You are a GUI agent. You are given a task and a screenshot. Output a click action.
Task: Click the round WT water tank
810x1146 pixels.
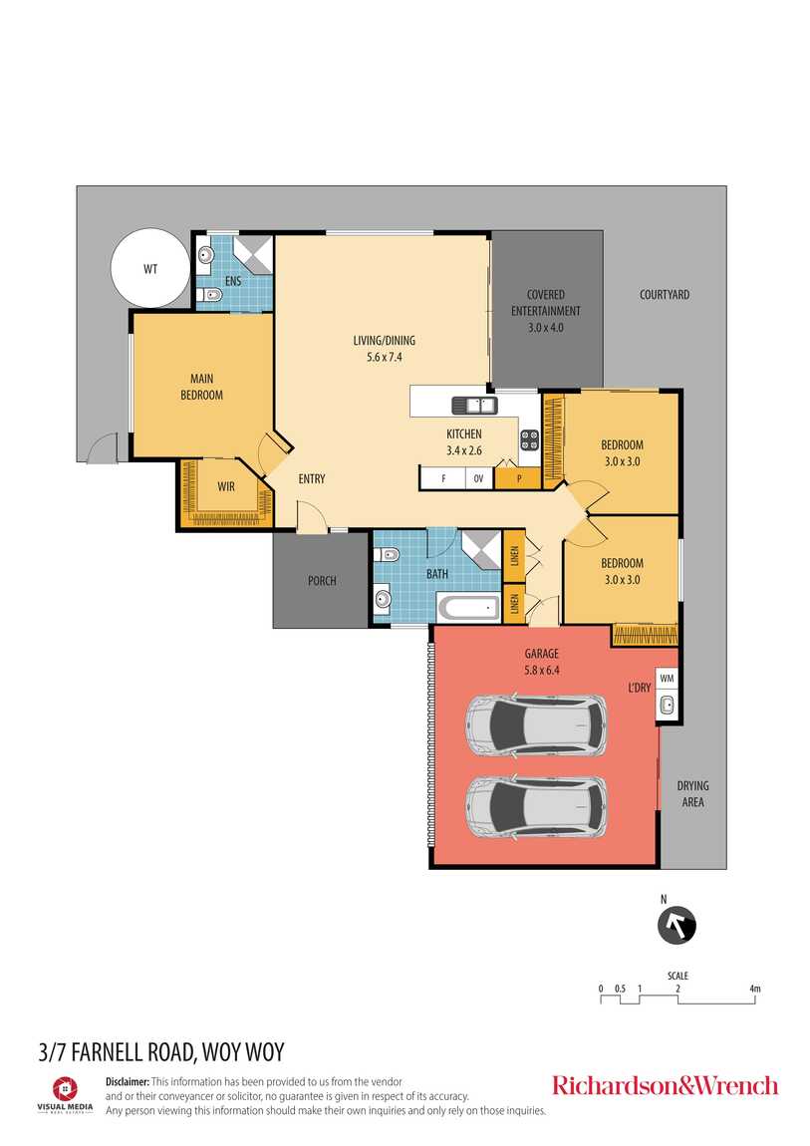pos(150,268)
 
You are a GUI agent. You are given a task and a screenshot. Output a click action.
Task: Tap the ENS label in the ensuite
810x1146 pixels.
pos(233,281)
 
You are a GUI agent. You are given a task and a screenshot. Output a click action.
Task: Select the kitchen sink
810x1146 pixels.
pos(475,405)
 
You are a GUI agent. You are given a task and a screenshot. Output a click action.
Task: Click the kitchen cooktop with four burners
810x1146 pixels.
pos(529,439)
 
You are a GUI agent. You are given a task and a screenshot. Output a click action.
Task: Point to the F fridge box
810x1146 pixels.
pos(443,478)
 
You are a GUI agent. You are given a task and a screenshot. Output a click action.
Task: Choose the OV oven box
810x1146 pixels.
pos(479,478)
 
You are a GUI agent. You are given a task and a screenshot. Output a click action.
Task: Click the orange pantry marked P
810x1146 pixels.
pos(518,478)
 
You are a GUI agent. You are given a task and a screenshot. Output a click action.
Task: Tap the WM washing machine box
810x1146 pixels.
pos(667,679)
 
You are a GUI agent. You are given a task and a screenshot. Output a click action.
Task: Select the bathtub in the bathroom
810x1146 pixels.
pos(468,607)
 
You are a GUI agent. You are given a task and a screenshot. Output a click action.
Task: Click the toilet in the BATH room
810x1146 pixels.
pos(388,555)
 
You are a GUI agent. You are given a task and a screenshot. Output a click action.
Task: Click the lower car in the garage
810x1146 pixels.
pos(537,806)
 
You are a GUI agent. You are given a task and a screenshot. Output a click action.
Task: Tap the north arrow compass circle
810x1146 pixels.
pos(676,926)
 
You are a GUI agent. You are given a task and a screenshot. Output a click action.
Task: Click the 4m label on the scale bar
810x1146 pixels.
pos(755,989)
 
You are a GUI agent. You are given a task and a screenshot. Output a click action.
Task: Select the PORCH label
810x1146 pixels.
pos(322,581)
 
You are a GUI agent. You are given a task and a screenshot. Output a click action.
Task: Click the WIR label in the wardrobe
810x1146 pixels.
pos(226,486)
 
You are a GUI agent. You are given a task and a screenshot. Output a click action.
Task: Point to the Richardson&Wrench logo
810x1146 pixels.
pos(665,1085)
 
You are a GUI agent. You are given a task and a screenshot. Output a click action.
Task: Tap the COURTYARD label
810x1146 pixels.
pos(665,295)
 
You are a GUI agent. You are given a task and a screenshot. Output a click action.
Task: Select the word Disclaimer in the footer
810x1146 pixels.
pos(128,1081)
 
